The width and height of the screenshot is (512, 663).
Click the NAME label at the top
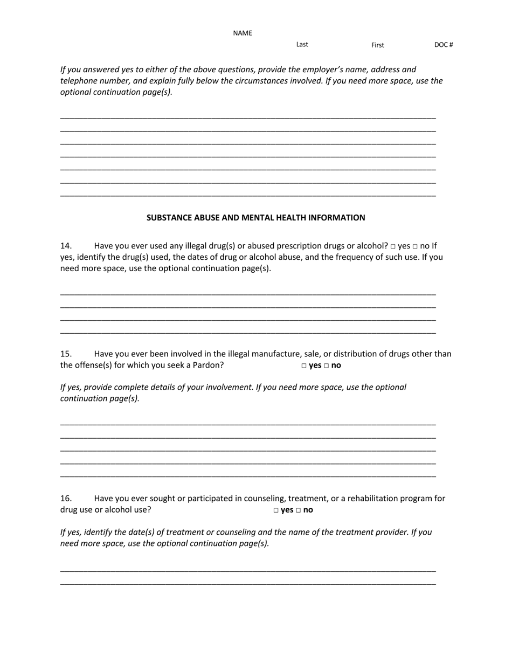(x=243, y=33)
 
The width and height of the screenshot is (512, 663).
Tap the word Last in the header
(x=302, y=44)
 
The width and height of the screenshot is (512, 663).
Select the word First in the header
(x=377, y=45)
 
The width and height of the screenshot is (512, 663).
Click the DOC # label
(x=444, y=45)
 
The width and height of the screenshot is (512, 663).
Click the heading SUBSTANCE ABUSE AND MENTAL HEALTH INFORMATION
(x=255, y=218)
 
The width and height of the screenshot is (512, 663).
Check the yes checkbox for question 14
(x=393, y=246)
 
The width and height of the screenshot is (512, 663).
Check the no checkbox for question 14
(x=416, y=246)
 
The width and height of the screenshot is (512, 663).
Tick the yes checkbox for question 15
(x=304, y=366)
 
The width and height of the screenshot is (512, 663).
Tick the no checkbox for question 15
(x=326, y=366)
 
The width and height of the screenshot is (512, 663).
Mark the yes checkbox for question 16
(x=276, y=510)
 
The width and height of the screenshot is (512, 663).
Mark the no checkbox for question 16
(x=298, y=510)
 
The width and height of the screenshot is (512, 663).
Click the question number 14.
(x=66, y=246)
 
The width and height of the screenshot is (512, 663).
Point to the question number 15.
(x=66, y=354)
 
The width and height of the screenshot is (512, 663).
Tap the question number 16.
(x=66, y=499)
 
